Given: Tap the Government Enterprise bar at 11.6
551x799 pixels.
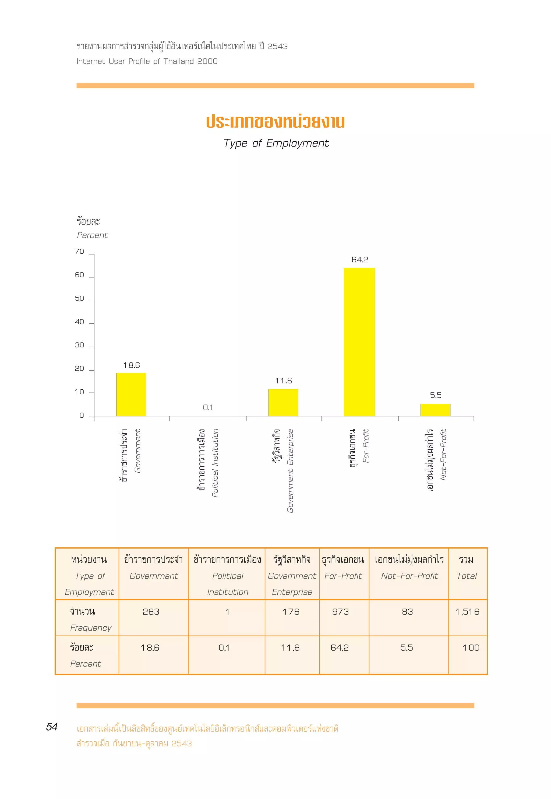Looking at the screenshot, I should [283, 402].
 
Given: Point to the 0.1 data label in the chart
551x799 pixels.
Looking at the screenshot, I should [208, 407].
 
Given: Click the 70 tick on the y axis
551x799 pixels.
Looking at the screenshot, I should [79, 252].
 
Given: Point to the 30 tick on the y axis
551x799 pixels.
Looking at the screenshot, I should [79, 345].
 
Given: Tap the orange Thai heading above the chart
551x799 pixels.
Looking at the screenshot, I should [275, 122].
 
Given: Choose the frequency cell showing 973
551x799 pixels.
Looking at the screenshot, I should [340, 612].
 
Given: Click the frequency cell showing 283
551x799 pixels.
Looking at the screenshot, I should [151, 612].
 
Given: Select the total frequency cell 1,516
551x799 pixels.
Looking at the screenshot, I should [467, 612].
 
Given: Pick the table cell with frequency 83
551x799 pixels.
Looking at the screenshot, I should [407, 612].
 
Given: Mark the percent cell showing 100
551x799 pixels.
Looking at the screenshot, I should [471, 648].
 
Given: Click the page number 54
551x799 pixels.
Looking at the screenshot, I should [52, 727].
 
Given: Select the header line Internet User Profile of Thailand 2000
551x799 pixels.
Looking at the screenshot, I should [147, 61].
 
